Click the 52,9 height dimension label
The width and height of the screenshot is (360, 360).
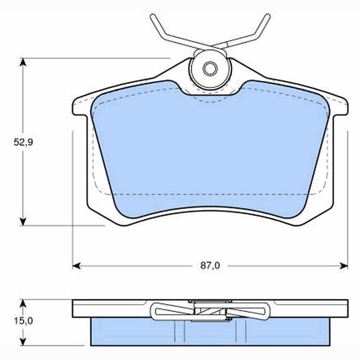click(x=23, y=142)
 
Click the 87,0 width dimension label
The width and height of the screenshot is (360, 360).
click(x=210, y=265)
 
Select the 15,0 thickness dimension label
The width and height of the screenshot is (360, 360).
click(x=23, y=321)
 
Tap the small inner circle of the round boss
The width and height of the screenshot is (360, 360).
click(x=210, y=68)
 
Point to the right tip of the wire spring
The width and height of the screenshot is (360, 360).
click(x=267, y=17)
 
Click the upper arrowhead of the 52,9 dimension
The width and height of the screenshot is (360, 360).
click(x=23, y=62)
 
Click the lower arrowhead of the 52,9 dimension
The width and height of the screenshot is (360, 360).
click(x=23, y=222)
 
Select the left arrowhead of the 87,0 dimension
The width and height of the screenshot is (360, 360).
click(x=76, y=266)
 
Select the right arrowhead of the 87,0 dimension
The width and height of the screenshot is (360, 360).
click(x=344, y=266)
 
